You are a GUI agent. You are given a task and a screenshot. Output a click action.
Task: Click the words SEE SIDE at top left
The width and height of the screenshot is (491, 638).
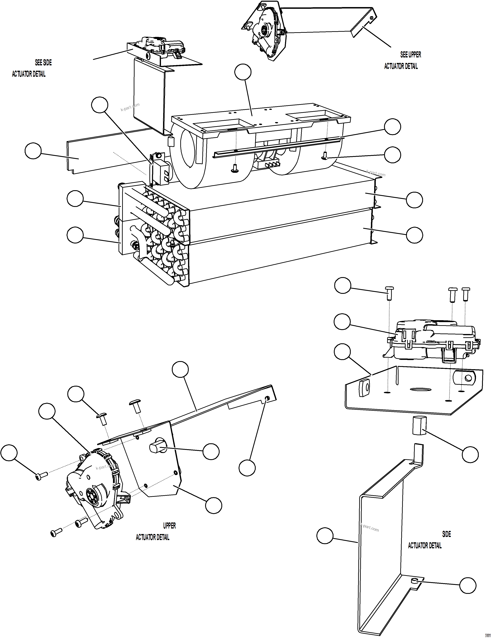click(43, 63)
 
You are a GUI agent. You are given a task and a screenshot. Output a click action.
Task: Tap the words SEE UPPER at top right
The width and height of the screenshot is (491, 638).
click(411, 55)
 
